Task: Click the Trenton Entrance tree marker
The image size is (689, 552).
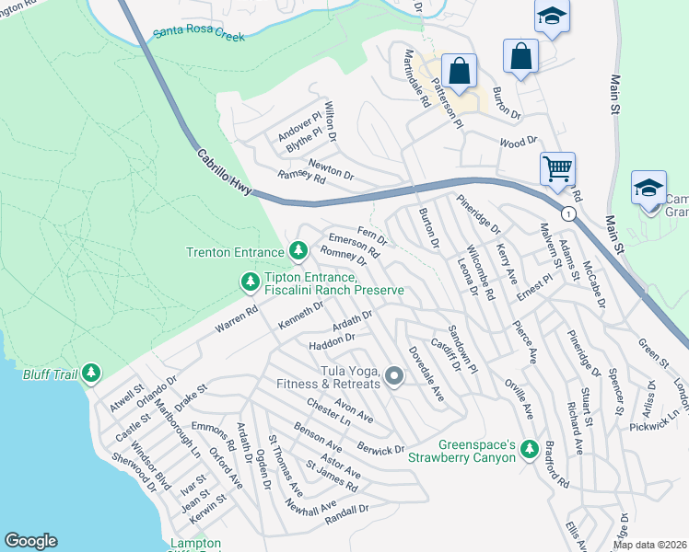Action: [298, 250]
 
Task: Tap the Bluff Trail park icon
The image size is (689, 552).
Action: [90, 373]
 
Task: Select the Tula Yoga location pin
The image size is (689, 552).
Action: [394, 375]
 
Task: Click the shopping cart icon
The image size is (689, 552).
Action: [557, 168]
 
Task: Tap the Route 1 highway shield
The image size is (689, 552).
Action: [569, 213]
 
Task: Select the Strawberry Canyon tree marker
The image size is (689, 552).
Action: [529, 449]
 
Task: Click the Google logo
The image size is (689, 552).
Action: [30, 541]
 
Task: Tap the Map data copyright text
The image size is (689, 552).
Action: [650, 545]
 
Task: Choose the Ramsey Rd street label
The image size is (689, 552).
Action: [302, 178]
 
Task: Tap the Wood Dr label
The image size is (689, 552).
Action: [518, 142]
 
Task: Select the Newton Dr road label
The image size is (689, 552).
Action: [331, 168]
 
